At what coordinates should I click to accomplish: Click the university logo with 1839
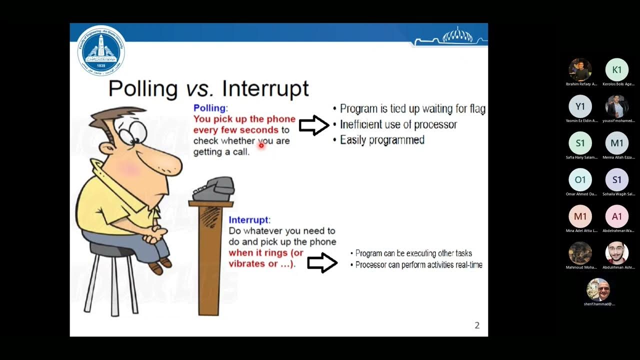tap(101, 50)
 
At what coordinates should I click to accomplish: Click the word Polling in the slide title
tap(142, 88)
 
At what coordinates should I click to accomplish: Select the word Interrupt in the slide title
tap(265, 88)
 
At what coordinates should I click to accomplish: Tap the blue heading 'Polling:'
tap(210, 108)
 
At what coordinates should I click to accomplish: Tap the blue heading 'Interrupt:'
tap(249, 220)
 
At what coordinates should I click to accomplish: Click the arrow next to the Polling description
tap(314, 125)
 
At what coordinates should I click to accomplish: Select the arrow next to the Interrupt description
tap(322, 262)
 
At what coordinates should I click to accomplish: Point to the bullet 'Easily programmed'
tap(382, 140)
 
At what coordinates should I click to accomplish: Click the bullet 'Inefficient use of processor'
tap(398, 125)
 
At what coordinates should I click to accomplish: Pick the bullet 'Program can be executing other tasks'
tap(413, 253)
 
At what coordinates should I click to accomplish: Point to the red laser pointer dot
tap(261, 145)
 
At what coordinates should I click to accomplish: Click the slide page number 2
tap(477, 325)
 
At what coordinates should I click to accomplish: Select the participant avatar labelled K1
tap(616, 70)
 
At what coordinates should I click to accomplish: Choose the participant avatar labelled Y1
tap(580, 106)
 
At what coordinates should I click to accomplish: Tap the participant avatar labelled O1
tap(580, 179)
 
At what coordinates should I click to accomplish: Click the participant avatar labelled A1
tap(616, 216)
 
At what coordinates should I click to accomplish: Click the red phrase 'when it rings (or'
tap(266, 253)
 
